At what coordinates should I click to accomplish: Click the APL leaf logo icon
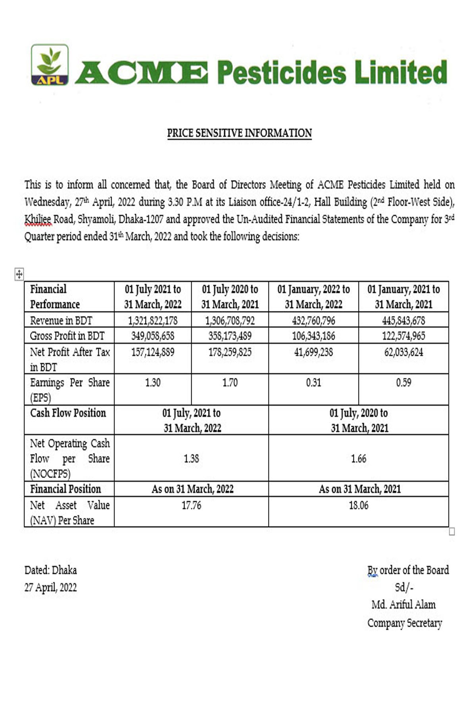click(x=50, y=65)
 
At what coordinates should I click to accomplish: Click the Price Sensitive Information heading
click(x=239, y=133)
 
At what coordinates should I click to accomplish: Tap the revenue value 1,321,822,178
click(x=153, y=320)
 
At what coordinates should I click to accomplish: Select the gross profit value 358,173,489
click(x=230, y=336)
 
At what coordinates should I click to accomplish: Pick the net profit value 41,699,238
click(x=313, y=352)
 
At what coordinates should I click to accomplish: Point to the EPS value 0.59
click(x=403, y=383)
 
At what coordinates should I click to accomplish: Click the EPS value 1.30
click(x=153, y=383)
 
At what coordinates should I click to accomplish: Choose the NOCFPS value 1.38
click(x=191, y=459)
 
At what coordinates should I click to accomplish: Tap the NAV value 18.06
click(x=359, y=505)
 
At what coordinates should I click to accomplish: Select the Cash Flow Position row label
click(x=68, y=413)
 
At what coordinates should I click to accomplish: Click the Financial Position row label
click(x=66, y=489)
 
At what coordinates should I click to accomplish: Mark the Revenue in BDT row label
click(x=61, y=321)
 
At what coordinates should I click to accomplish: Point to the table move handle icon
click(x=19, y=274)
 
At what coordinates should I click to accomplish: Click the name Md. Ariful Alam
click(x=403, y=605)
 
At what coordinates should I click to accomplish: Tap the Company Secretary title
click(x=405, y=623)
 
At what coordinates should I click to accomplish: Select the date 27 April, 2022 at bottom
click(x=51, y=587)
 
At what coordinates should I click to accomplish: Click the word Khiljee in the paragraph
click(x=38, y=219)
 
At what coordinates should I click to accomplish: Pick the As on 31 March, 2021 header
click(x=360, y=489)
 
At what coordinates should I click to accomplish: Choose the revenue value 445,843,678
click(x=403, y=320)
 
